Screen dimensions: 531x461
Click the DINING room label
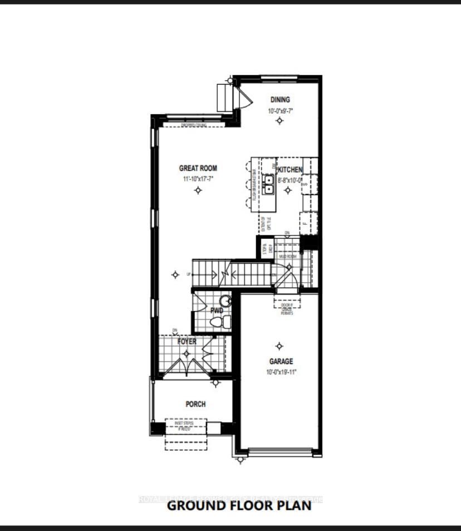coord(280,100)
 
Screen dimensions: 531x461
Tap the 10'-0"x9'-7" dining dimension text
coord(280,111)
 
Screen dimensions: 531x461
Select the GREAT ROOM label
coord(198,168)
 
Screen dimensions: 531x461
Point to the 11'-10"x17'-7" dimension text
coord(198,179)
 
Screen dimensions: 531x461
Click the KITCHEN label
coord(290,170)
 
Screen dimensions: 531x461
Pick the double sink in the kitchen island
coord(268,184)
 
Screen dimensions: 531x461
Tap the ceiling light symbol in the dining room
coord(279,121)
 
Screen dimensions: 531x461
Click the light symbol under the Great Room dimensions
coord(198,190)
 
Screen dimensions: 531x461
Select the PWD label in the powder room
coord(217,311)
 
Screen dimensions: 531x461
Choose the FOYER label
coord(187,341)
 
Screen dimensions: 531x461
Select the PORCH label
coord(195,404)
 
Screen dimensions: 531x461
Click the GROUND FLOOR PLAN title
coord(239,506)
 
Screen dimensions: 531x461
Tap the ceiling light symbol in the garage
coord(279,347)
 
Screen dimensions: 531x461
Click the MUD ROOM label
coord(288,257)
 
